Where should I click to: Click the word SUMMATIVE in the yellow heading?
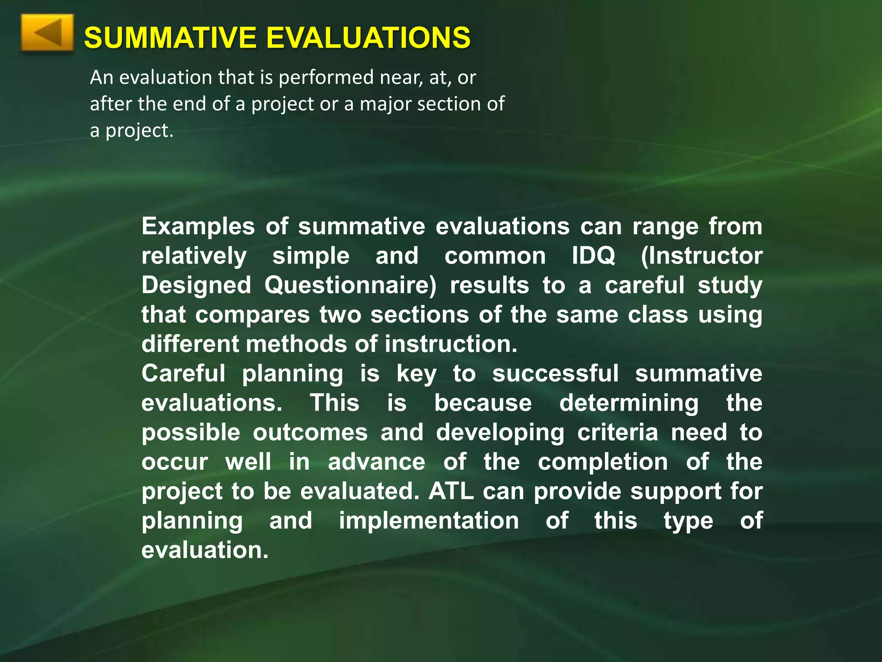[170, 37]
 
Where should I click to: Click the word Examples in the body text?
[198, 227]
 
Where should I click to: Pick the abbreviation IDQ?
[593, 256]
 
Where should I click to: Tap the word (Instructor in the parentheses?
[702, 256]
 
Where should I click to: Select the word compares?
[252, 315]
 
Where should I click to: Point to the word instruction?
[450, 344]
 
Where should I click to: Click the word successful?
[555, 373]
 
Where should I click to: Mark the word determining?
[629, 403]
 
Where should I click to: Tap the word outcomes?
[310, 432]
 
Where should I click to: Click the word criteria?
[618, 432]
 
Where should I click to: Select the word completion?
[602, 462]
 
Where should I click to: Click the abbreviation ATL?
[450, 491]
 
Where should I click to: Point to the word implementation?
[429, 521]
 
